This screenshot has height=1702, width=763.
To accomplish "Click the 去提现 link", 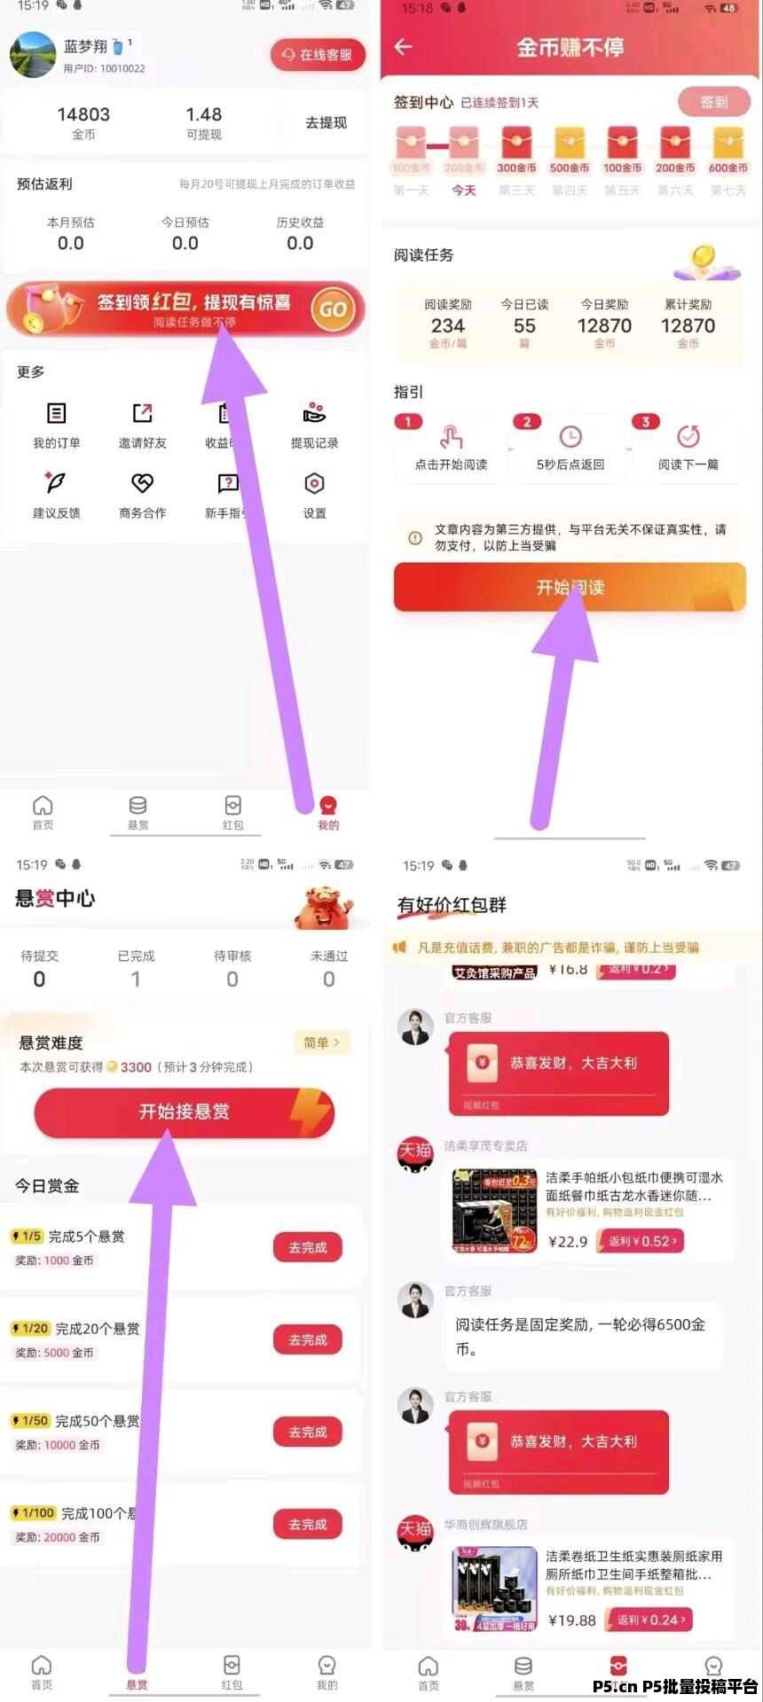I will pyautogui.click(x=326, y=122).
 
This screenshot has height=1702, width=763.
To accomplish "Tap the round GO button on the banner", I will pyautogui.click(x=333, y=309).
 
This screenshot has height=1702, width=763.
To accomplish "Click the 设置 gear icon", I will pyautogui.click(x=314, y=484).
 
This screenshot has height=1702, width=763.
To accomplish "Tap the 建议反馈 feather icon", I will pyautogui.click(x=55, y=484).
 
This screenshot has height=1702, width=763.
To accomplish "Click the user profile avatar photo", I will pyautogui.click(x=33, y=54).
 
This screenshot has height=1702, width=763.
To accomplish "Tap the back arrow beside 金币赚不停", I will pyautogui.click(x=404, y=47).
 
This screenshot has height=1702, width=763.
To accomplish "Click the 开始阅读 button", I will pyautogui.click(x=570, y=587).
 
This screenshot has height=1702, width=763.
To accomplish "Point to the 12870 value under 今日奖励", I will pyautogui.click(x=604, y=325).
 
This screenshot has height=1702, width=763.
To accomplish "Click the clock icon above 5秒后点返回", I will pyautogui.click(x=570, y=436).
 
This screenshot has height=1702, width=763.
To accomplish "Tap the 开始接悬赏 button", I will pyautogui.click(x=185, y=1112).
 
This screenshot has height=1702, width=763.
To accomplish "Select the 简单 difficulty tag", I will pyautogui.click(x=321, y=1042).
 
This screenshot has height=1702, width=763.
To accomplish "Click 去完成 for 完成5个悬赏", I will pyautogui.click(x=308, y=1247).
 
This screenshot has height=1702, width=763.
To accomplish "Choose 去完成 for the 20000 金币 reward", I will pyautogui.click(x=308, y=1524).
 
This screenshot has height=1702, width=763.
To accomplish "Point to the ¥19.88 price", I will pyautogui.click(x=572, y=1620).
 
